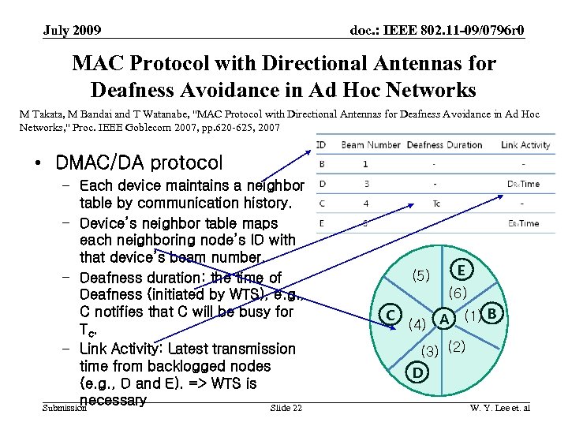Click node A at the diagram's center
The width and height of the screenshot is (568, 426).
click(x=445, y=319)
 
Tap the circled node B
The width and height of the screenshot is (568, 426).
click(x=493, y=314)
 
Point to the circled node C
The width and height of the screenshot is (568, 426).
click(x=390, y=315)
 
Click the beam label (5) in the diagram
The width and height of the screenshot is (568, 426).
click(x=421, y=275)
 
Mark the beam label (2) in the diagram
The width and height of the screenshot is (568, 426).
click(x=457, y=346)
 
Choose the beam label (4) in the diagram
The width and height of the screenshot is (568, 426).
click(x=418, y=323)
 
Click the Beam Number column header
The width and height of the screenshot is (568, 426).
click(x=371, y=144)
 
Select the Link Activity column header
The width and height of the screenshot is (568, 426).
click(x=525, y=144)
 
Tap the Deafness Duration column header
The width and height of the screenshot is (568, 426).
click(x=444, y=144)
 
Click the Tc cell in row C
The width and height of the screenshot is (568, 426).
click(x=435, y=203)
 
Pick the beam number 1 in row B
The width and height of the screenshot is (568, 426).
click(x=365, y=164)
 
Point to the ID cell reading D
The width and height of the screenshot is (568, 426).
click(x=322, y=184)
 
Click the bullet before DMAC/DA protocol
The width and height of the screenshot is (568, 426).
click(x=38, y=163)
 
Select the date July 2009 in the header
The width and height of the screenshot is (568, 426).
click(x=72, y=31)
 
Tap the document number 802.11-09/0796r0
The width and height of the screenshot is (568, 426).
click(x=437, y=31)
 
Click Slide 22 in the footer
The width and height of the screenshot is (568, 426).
click(x=285, y=407)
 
